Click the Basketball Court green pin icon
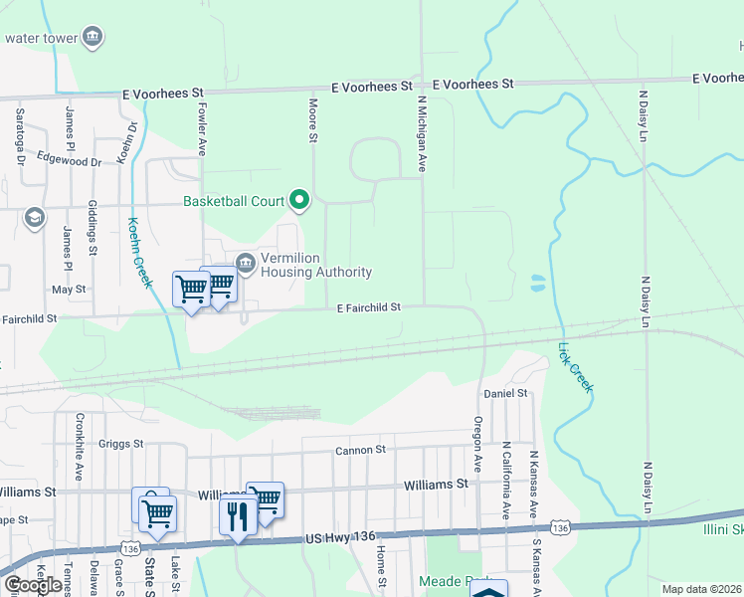point(299,201)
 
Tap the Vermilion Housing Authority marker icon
point(246,263)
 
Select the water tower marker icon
point(93,38)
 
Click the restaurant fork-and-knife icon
point(237,514)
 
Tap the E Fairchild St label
point(368,307)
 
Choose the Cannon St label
point(360,450)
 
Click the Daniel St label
point(504,394)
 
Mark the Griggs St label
point(122,444)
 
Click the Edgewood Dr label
point(70,160)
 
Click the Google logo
point(33,585)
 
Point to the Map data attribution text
point(702,589)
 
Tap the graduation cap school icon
point(35,219)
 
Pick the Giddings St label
point(92,237)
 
